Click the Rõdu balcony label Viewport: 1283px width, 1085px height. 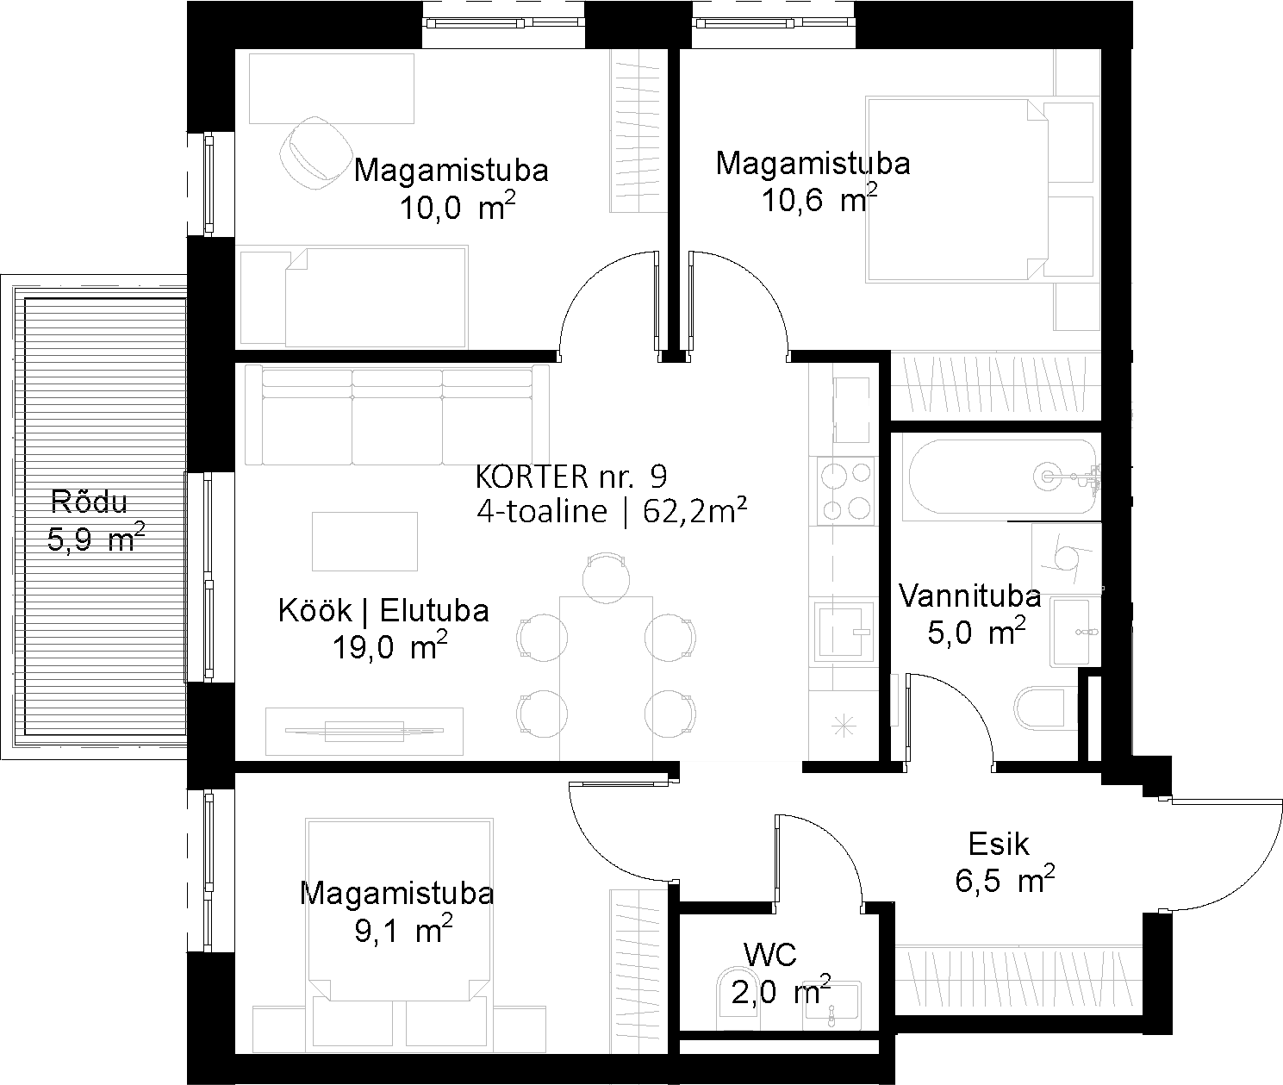click(x=89, y=502)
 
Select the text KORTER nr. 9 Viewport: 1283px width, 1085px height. click(x=571, y=477)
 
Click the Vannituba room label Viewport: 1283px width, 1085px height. click(x=969, y=596)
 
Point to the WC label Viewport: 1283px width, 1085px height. click(x=770, y=955)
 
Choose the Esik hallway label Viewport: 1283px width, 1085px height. click(x=999, y=845)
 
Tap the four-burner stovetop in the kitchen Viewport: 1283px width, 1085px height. click(x=844, y=491)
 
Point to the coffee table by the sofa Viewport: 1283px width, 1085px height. click(x=365, y=541)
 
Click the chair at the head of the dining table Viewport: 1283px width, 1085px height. click(x=606, y=578)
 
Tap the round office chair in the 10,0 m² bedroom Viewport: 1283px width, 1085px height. click(x=315, y=153)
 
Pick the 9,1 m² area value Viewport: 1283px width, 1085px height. click(x=403, y=930)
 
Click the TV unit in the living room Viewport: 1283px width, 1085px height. click(x=364, y=731)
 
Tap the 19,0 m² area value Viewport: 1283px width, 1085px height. click(x=389, y=647)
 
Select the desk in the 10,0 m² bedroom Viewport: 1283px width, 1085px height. click(x=332, y=88)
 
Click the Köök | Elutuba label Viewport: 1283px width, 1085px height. click(x=383, y=611)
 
